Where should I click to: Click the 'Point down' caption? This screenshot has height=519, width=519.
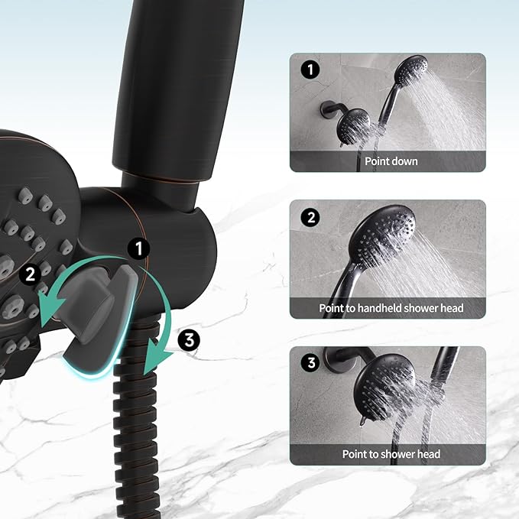pyautogui.click(x=391, y=161)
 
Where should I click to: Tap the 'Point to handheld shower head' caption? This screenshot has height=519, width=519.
pyautogui.click(x=391, y=308)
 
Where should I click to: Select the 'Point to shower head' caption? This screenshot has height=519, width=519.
pyautogui.click(x=391, y=454)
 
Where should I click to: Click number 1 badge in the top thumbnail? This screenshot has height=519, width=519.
pyautogui.click(x=310, y=71)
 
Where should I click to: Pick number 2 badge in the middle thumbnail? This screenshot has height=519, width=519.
pyautogui.click(x=310, y=218)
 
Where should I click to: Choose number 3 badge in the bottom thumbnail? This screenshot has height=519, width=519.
pyautogui.click(x=310, y=363)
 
